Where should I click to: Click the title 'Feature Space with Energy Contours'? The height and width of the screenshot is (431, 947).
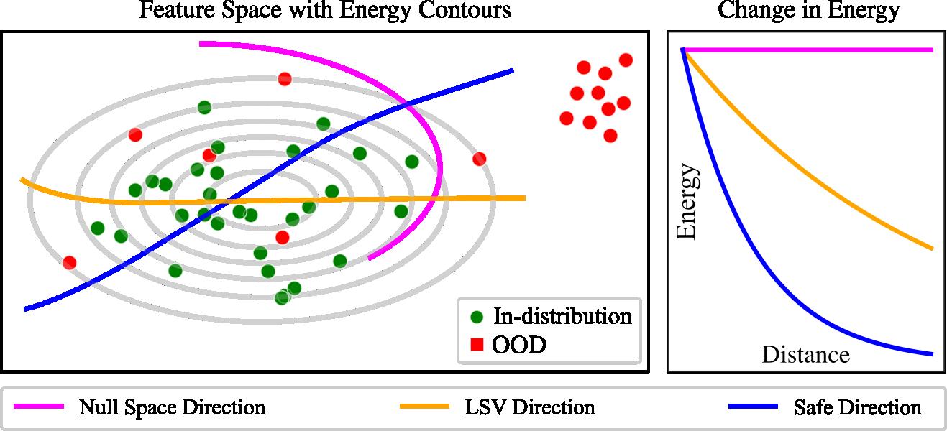(324, 11)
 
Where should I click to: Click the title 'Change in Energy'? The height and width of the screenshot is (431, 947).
(808, 11)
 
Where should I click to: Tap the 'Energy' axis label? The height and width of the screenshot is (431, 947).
(687, 201)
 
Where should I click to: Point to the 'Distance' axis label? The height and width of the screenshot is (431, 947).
(805, 354)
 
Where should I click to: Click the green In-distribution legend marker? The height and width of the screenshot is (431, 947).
(475, 316)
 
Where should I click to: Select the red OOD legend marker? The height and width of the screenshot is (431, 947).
(475, 346)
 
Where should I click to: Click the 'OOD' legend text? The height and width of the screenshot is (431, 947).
(519, 346)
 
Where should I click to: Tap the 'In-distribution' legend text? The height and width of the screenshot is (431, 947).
(562, 315)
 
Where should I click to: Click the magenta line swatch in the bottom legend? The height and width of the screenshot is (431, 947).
(38, 407)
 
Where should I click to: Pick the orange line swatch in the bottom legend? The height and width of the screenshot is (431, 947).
(424, 407)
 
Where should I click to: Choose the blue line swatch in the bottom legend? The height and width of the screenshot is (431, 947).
(753, 407)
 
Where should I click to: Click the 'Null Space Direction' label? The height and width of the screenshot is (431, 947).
(172, 408)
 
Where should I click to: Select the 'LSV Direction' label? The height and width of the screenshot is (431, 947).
(530, 408)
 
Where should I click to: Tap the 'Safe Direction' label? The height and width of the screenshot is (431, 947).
(857, 408)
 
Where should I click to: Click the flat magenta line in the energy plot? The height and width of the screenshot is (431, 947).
(813, 50)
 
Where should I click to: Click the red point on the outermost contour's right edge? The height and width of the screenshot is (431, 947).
(480, 159)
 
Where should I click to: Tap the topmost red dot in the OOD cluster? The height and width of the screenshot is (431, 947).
(626, 60)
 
